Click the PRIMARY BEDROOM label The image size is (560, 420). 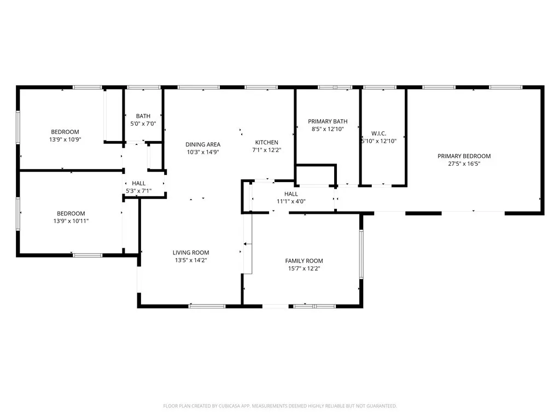(x=464, y=156)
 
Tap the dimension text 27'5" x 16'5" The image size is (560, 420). (x=464, y=163)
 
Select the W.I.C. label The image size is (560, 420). (x=379, y=133)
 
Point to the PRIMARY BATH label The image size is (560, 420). (x=328, y=121)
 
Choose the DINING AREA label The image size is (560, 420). (x=202, y=144)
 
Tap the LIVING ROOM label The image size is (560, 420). (x=191, y=253)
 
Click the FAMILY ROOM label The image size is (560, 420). (x=304, y=261)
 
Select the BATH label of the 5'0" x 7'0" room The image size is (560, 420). (x=143, y=116)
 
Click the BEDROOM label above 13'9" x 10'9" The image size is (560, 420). (x=65, y=132)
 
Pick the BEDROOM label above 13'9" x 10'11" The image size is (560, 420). (x=71, y=213)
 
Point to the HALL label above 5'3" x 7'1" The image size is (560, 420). (x=138, y=184)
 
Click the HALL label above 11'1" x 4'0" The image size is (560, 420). (x=291, y=194)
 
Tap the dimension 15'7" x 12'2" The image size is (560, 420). (x=304, y=269)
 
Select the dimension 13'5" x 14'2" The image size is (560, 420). (x=191, y=260)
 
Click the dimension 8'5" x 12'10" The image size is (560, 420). (x=328, y=129)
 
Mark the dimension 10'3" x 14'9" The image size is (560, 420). (x=202, y=152)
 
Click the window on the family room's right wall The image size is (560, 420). (x=360, y=254)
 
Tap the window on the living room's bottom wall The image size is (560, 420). (x=207, y=306)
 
